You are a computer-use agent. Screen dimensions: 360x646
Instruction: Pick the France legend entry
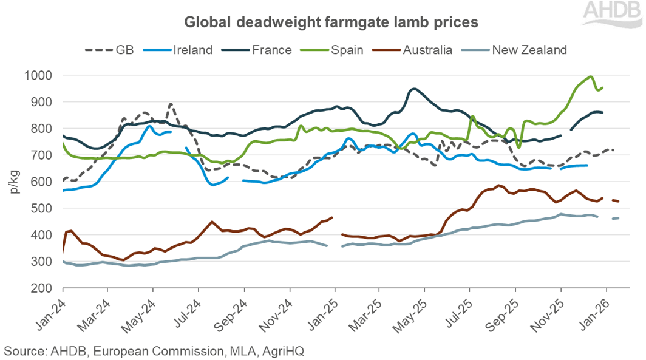point(261,50)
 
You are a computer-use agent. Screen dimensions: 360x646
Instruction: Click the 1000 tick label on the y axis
point(38,76)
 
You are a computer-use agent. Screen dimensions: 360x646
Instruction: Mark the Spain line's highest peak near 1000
point(590,76)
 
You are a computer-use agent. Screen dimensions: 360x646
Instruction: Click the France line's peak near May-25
point(413,89)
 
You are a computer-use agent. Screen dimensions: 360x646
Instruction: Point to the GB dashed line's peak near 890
point(171,104)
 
